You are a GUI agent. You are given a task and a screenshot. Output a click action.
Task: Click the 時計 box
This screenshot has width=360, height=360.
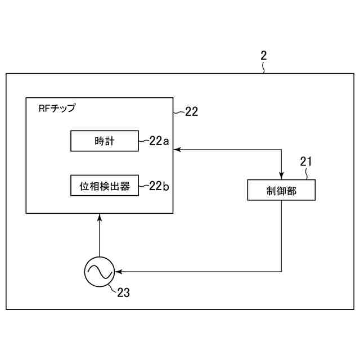(104, 141)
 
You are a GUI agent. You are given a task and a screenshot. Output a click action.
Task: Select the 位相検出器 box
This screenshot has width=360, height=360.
(104, 186)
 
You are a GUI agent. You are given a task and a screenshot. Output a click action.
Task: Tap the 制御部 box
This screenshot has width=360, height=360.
(281, 190)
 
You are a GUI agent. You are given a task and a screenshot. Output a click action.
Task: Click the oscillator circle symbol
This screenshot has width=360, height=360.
(98, 272)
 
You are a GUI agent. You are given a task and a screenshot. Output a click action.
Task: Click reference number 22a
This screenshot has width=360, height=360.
(159, 141)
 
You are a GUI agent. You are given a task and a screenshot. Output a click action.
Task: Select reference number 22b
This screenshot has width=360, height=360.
(159, 186)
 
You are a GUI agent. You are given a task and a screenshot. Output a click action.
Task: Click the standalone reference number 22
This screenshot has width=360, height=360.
(191, 111)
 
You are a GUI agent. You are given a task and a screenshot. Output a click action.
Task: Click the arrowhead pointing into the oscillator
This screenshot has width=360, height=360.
(117, 272)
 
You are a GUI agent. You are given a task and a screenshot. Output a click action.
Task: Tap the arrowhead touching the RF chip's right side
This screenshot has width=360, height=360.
(177, 150)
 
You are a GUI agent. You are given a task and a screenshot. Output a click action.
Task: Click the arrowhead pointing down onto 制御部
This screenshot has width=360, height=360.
(281, 175)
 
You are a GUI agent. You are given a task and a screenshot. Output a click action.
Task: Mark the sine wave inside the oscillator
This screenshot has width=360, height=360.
(98, 272)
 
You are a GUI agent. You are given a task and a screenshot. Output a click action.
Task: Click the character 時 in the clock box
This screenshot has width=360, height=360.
(98, 141)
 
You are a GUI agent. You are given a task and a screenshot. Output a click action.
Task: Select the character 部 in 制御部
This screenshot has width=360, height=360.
(291, 190)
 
